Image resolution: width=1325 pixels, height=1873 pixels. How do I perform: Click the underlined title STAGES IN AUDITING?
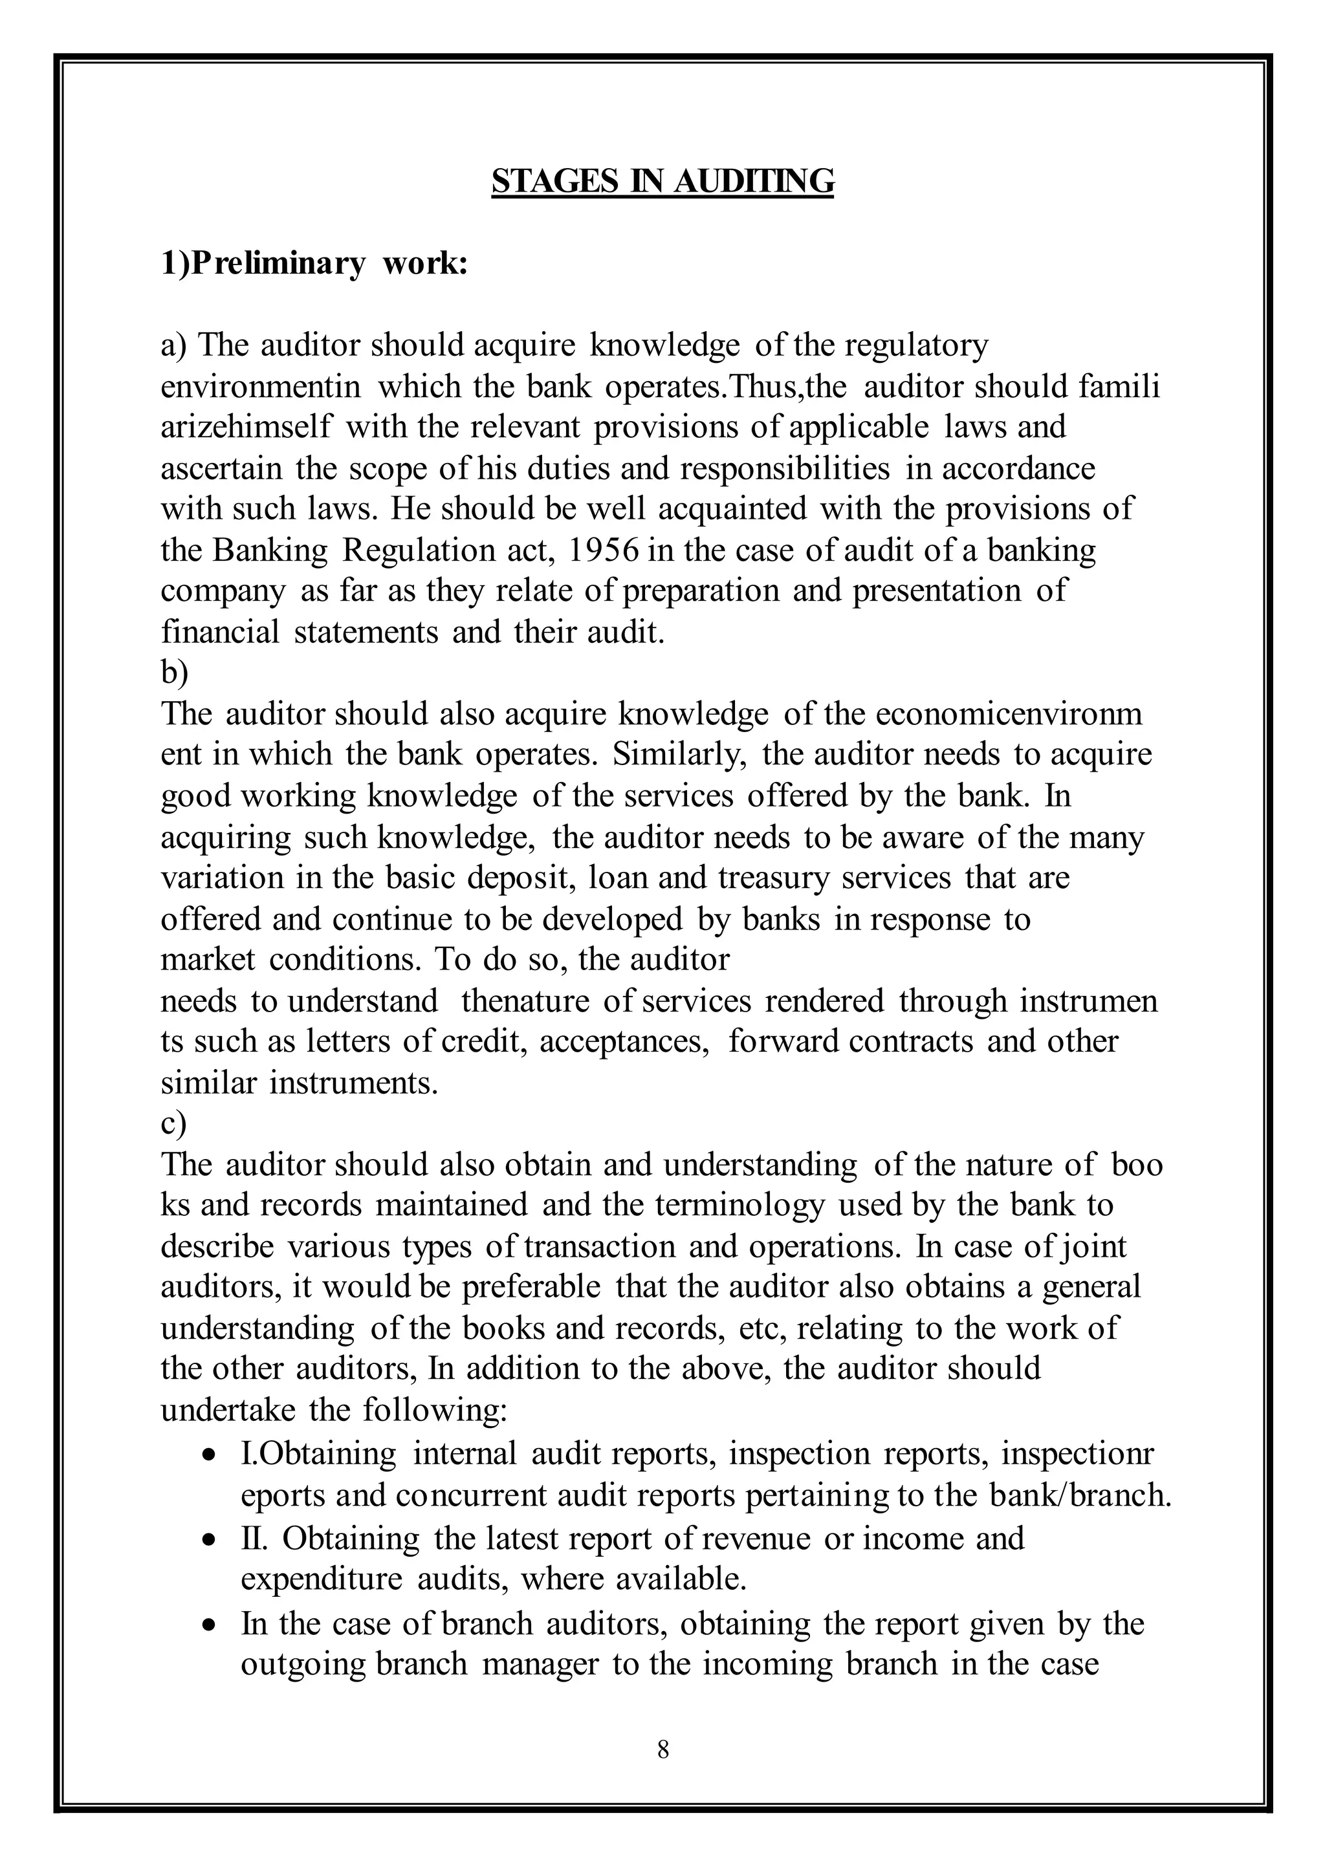click(x=662, y=181)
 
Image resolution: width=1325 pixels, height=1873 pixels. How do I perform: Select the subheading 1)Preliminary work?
click(x=314, y=265)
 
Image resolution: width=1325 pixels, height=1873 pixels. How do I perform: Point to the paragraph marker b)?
click(x=175, y=674)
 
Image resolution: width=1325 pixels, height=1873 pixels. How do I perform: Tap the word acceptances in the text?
click(x=625, y=1042)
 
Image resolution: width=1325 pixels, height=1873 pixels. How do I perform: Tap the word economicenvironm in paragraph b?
click(x=1009, y=715)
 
